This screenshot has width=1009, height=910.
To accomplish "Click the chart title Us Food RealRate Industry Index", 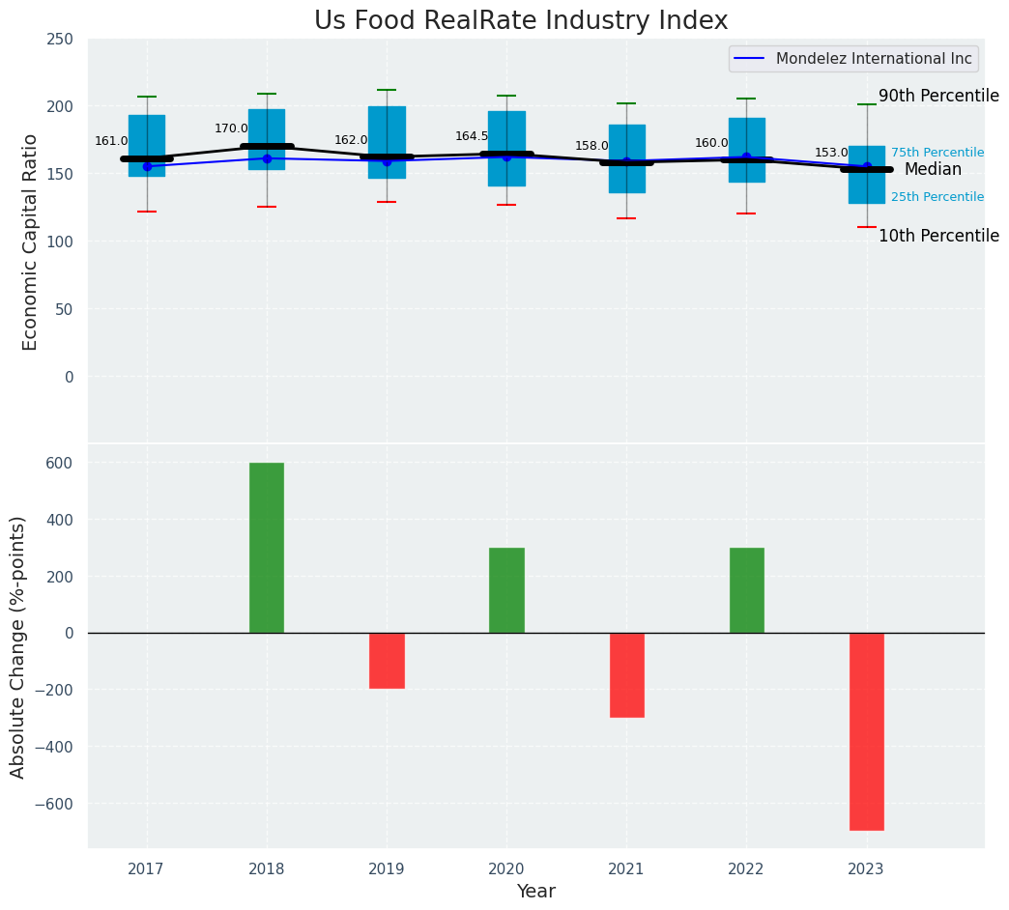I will [x=521, y=21].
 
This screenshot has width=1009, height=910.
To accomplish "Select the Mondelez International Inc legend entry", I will [x=853, y=59].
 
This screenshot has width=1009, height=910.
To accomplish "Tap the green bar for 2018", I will [x=267, y=548].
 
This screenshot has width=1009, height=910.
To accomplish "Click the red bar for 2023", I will [x=866, y=731].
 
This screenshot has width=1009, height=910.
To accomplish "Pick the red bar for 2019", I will [x=387, y=661].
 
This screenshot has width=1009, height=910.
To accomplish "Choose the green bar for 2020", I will [x=506, y=590].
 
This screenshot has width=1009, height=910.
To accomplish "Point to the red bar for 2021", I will [x=626, y=675].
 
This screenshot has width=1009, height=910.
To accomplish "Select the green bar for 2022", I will [x=746, y=590].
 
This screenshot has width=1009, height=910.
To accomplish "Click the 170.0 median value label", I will [x=231, y=128].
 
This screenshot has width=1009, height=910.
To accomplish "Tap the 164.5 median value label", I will [x=472, y=136].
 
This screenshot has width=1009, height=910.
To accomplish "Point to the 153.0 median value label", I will [x=831, y=153].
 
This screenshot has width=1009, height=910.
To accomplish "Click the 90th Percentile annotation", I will [x=938, y=97].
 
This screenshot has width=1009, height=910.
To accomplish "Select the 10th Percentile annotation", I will [x=938, y=237].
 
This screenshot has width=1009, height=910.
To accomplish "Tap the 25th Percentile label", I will [x=937, y=197].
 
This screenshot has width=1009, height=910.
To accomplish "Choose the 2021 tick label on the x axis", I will [x=626, y=869].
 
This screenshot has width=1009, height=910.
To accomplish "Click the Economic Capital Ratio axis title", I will [x=31, y=242].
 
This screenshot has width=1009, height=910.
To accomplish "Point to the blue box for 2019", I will [x=387, y=142].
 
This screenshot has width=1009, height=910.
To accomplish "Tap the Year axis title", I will [x=535, y=892].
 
